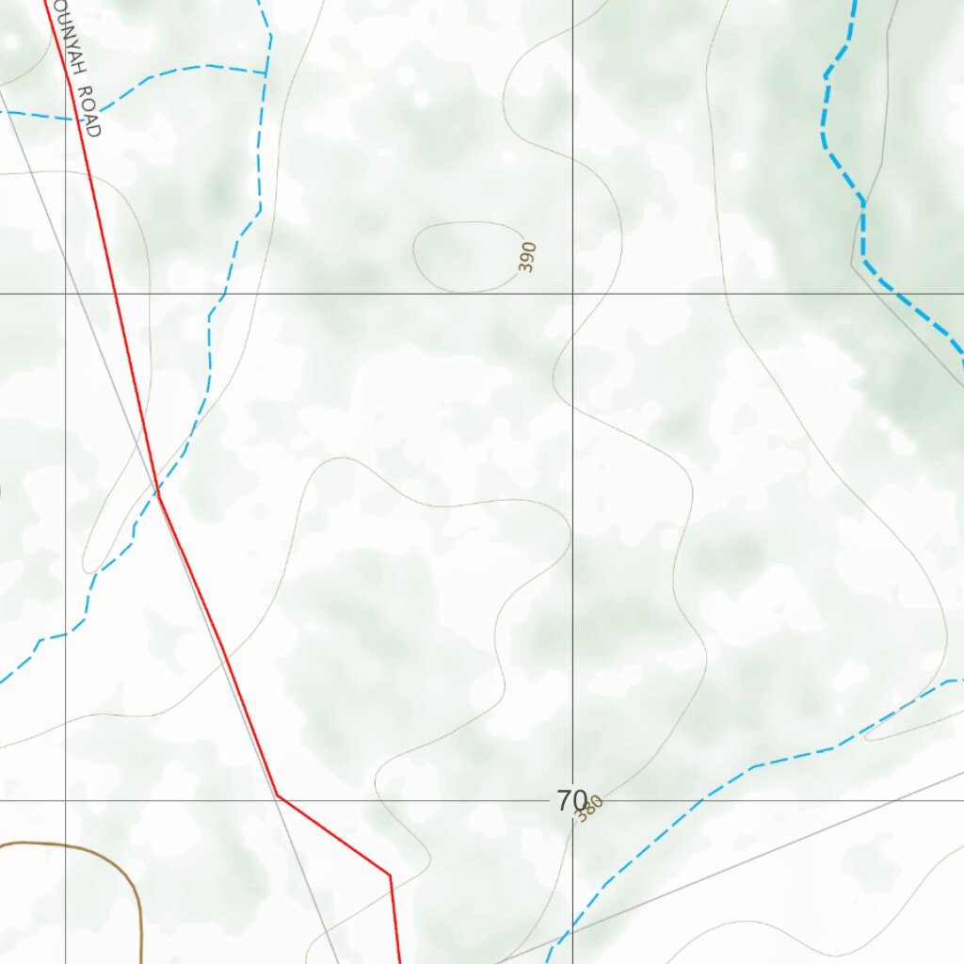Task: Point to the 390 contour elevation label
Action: (527, 257)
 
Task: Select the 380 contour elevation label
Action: (589, 809)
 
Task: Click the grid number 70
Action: (570, 801)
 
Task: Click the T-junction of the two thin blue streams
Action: (265, 72)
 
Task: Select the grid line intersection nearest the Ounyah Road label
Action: (65, 294)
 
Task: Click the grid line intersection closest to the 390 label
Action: (573, 294)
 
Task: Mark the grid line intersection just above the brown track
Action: (65, 800)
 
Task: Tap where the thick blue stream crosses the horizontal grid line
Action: (905, 294)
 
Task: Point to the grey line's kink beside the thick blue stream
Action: (854, 265)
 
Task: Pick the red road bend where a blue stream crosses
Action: (157, 491)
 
